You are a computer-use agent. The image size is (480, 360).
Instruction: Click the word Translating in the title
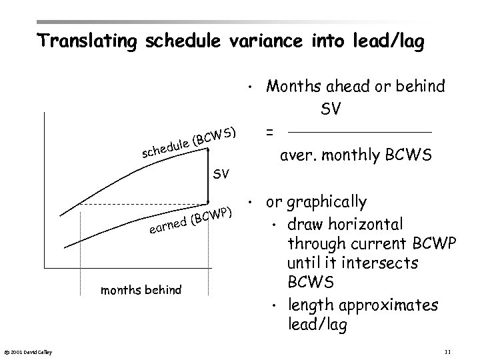tap(85, 41)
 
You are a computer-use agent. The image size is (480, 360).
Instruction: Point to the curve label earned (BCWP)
tap(191, 223)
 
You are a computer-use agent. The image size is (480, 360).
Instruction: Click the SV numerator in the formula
tap(331, 109)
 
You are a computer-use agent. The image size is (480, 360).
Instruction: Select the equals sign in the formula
tap(269, 133)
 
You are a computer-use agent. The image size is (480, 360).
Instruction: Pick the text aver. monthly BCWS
tap(355, 156)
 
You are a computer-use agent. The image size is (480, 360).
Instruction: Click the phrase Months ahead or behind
tap(355, 86)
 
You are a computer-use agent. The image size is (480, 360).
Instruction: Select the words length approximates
tap(363, 305)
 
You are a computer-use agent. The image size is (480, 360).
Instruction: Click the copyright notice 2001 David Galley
tap(31, 351)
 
